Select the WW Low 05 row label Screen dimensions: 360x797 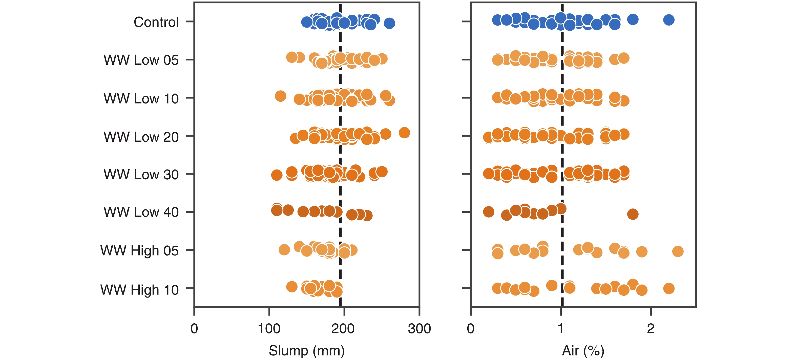(141, 60)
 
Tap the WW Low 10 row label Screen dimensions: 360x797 (141, 99)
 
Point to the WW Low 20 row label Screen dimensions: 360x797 (141, 137)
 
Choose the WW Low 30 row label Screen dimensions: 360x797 (141, 174)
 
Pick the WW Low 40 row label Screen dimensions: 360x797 (141, 212)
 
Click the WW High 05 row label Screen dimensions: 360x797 (139, 250)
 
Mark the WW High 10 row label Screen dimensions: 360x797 (139, 290)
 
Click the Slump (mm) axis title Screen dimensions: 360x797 (306, 351)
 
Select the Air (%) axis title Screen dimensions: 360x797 (583, 351)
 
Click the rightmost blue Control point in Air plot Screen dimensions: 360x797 (669, 20)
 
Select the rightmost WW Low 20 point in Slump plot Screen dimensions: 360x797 (404, 133)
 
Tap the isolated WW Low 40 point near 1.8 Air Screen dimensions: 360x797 (633, 214)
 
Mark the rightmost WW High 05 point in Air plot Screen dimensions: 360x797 (678, 251)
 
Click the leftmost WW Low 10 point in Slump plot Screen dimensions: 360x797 (280, 96)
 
